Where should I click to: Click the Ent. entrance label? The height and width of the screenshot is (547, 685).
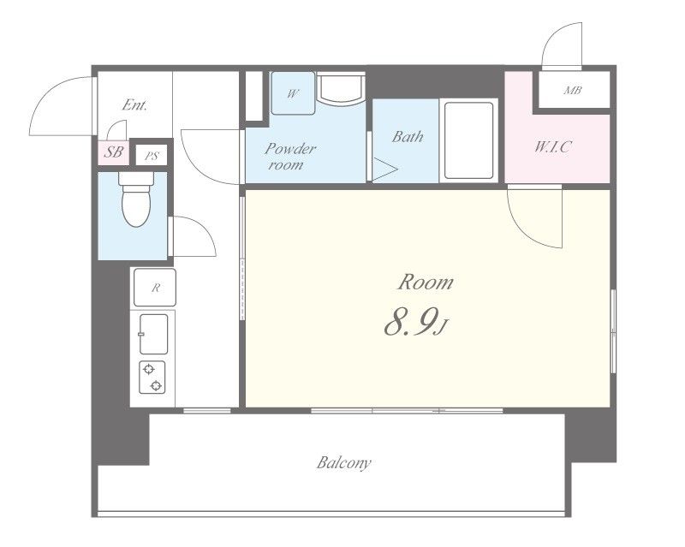(134, 104)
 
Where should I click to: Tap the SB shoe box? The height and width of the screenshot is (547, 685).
(114, 152)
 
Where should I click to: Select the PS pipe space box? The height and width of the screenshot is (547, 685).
(152, 155)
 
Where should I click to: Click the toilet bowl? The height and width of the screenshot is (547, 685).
(136, 199)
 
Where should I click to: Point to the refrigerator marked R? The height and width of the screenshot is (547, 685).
(155, 288)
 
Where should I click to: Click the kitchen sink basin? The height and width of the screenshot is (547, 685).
(154, 334)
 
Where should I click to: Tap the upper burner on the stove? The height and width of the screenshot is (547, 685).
(149, 369)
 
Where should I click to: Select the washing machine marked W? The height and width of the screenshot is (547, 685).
(293, 93)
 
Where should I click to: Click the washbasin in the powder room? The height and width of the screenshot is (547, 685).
(341, 89)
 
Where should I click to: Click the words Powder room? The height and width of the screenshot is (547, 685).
(289, 156)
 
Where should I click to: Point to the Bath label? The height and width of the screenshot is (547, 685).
(408, 137)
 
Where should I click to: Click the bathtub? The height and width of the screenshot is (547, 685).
(468, 140)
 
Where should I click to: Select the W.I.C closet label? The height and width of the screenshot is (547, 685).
(552, 146)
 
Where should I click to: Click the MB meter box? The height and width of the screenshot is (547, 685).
(574, 90)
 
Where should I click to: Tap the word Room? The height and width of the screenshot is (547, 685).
(425, 282)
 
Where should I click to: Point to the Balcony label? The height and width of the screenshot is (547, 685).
(344, 462)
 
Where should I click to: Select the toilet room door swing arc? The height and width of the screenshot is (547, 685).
(205, 227)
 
